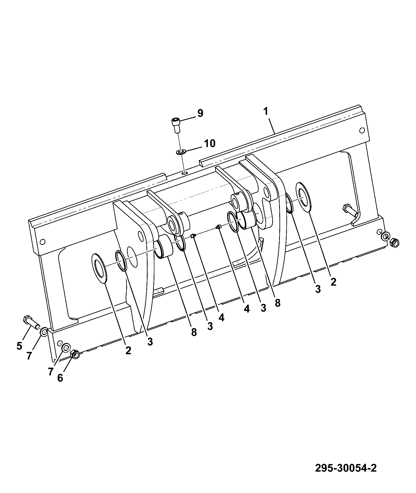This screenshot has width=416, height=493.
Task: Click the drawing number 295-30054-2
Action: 346,468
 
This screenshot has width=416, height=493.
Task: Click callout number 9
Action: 200,113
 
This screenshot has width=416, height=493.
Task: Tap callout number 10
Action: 210,143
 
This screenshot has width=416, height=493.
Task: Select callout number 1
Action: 266,111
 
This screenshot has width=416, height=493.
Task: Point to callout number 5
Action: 19,346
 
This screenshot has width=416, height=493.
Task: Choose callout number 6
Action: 60,378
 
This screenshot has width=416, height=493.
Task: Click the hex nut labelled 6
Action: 75,354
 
